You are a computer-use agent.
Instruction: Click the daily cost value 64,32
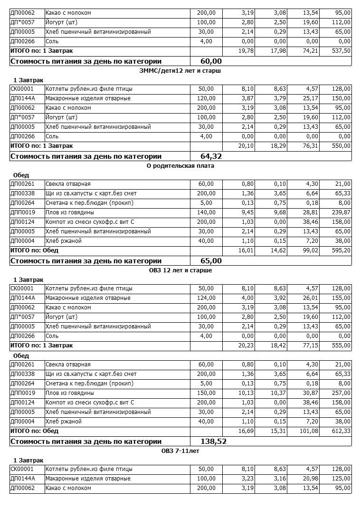click(x=211, y=156)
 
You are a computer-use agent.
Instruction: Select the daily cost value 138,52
click(x=214, y=442)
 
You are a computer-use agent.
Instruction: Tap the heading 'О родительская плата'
click(x=180, y=166)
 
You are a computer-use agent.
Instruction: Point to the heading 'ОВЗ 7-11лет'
click(x=180, y=451)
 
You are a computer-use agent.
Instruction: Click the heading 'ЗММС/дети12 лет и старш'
click(x=180, y=70)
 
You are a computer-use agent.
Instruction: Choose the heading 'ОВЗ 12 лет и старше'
click(x=180, y=270)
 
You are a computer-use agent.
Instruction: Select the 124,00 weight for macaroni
click(x=206, y=298)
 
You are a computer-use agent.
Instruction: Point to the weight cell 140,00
click(x=206, y=212)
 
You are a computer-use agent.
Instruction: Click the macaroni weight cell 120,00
click(x=206, y=98)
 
